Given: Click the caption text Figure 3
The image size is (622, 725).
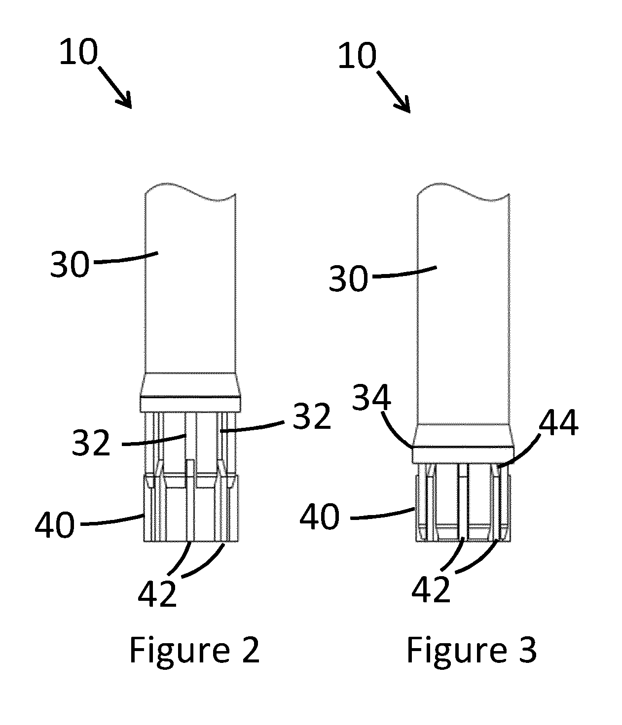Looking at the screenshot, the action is pyautogui.click(x=472, y=650).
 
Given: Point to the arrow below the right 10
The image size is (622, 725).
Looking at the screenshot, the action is pyautogui.click(x=394, y=91).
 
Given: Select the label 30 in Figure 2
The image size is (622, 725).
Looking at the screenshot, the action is pyautogui.click(x=70, y=264).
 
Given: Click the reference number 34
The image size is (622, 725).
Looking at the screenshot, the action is pyautogui.click(x=371, y=397).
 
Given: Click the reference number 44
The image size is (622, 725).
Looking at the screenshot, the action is pyautogui.click(x=558, y=422).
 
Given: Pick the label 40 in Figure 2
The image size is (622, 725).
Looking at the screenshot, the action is pyautogui.click(x=55, y=525).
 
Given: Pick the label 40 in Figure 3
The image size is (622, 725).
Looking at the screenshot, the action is pyautogui.click(x=320, y=516).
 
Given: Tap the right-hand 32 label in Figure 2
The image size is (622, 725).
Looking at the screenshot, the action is pyautogui.click(x=312, y=416).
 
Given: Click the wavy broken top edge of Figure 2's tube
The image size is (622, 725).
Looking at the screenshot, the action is pyautogui.click(x=190, y=192).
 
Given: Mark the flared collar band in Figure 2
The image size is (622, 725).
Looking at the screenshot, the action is pyautogui.click(x=190, y=392).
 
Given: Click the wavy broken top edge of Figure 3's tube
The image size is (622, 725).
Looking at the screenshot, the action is pyautogui.click(x=463, y=192).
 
